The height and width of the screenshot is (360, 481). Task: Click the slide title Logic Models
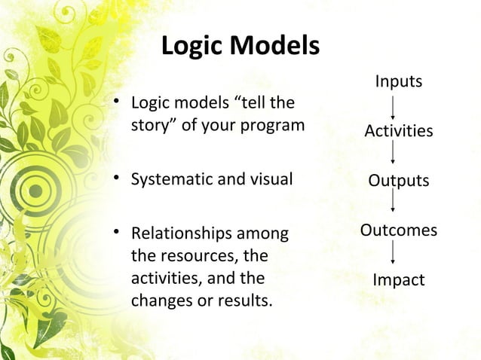click(240, 47)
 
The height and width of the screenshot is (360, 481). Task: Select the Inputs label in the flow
click(398, 81)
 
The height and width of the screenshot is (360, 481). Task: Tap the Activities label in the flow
click(398, 131)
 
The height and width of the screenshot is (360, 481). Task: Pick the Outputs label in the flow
click(398, 181)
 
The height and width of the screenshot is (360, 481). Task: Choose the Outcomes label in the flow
click(398, 230)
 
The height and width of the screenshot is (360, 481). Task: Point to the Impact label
click(398, 280)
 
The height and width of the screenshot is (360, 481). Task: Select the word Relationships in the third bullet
click(176, 233)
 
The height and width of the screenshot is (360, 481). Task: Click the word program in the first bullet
click(276, 124)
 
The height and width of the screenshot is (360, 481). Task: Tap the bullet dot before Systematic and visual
click(117, 181)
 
